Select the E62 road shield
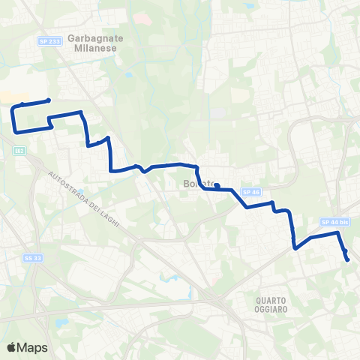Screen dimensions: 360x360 pyautogui.click(x=19, y=151)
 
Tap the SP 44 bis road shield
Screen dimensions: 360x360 pyautogui.click(x=335, y=222)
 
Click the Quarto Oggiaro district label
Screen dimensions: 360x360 pyautogui.click(x=271, y=304)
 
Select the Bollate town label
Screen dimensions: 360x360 pyautogui.click(x=199, y=182)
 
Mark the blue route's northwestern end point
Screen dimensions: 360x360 pyautogui.click(x=49, y=100)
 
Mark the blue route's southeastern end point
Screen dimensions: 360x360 pyautogui.click(x=349, y=259)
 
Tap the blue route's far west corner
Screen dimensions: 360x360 pyautogui.click(x=13, y=109)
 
